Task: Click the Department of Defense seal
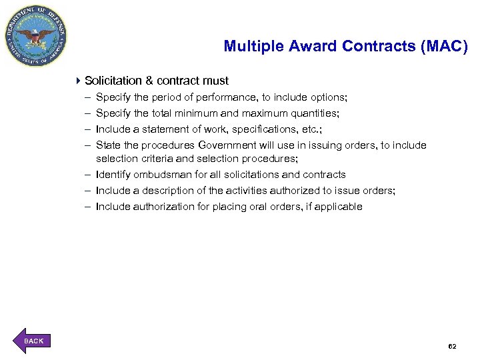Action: (x=36, y=36)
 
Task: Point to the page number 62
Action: (x=452, y=347)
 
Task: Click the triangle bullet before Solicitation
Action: (x=78, y=81)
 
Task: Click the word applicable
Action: (x=338, y=207)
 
